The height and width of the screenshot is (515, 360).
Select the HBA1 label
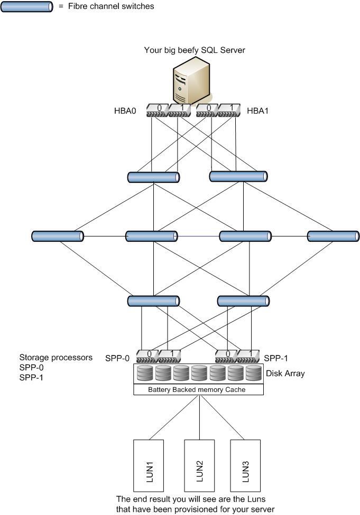259,111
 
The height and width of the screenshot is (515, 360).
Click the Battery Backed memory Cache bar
198,390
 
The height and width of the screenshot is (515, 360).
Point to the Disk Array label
285,373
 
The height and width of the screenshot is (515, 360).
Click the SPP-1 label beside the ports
277,358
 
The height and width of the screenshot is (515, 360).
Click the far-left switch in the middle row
57,236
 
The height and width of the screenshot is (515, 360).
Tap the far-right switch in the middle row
333,236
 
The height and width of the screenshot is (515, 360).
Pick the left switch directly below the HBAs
153,177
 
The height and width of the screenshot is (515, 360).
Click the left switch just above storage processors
153,301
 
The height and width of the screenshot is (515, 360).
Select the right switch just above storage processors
244,301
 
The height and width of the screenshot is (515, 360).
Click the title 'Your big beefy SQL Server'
195,50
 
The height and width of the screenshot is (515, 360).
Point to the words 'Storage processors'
56,358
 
